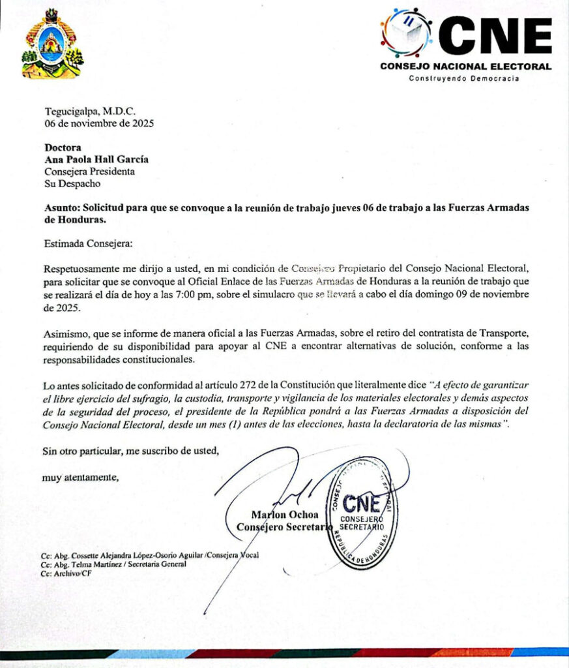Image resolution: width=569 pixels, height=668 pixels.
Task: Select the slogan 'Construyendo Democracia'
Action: [463, 78]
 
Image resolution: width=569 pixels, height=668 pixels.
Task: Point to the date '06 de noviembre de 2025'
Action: [99, 123]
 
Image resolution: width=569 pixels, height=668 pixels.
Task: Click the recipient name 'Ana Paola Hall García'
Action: [100, 160]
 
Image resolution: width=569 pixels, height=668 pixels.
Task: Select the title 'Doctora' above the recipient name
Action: [63, 148]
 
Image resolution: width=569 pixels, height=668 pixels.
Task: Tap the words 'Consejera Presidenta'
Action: [89, 172]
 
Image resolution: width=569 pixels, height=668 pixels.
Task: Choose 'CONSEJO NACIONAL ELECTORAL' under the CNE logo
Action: [465, 67]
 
